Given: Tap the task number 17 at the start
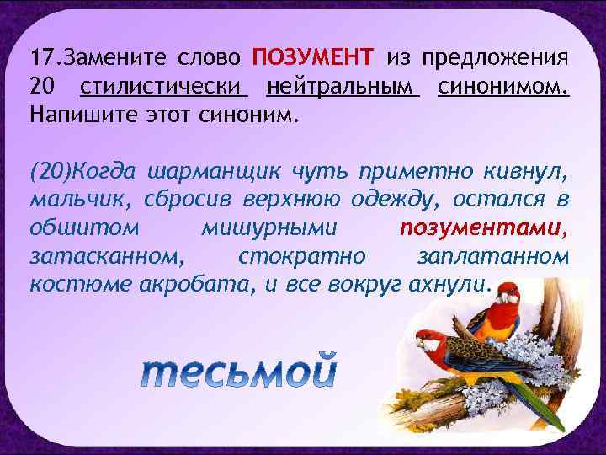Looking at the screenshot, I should (40, 59).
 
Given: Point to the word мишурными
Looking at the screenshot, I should (269, 227).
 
